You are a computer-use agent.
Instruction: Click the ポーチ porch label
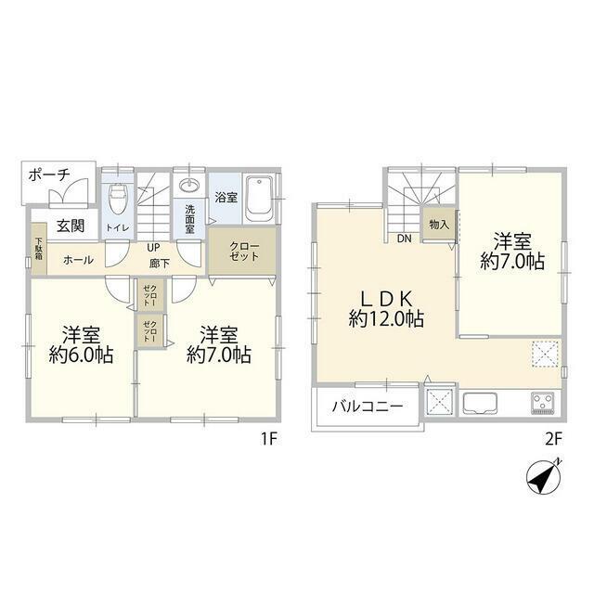(49, 175)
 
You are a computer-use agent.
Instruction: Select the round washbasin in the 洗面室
(189, 186)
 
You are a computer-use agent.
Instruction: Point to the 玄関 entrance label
(71, 226)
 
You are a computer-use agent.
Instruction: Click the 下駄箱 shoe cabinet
(39, 248)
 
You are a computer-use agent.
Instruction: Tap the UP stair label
(153, 248)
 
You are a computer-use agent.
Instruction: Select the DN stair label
(405, 239)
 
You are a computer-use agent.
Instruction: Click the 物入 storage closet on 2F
(439, 225)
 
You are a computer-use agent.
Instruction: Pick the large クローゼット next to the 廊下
(242, 251)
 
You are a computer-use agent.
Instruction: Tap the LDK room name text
(386, 299)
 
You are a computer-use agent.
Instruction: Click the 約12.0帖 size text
(386, 318)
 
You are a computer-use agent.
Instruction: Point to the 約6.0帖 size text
(81, 355)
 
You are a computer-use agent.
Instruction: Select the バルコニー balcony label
(368, 407)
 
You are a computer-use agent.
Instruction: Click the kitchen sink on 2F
(480, 404)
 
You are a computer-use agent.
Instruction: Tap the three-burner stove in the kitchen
(543, 403)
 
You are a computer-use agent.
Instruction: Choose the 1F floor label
(269, 439)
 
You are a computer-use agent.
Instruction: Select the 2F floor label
(553, 439)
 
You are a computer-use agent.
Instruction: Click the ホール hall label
(78, 260)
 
